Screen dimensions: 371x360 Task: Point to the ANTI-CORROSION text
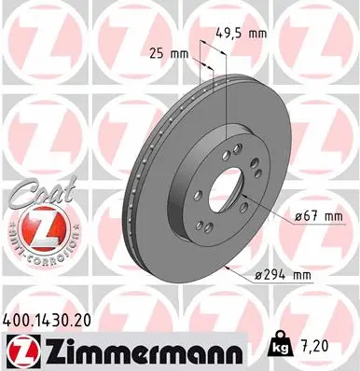(x=40, y=253)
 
